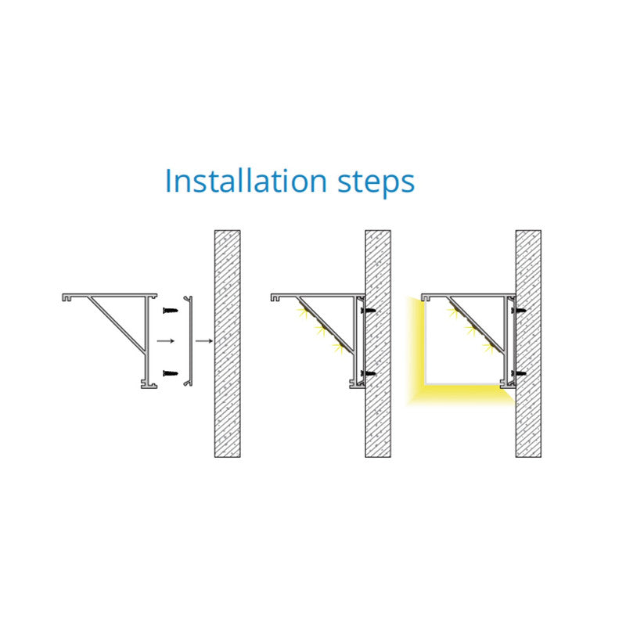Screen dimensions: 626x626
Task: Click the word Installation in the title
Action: coord(246,181)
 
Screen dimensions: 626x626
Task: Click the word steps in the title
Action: coord(376,184)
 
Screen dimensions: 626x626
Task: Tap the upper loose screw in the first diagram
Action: coord(170,310)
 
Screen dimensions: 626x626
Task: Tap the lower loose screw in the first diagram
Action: coord(170,373)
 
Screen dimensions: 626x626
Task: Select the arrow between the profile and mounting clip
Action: coord(166,341)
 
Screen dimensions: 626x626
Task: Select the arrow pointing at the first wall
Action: coord(204,341)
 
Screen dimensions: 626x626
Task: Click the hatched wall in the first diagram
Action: coord(228,344)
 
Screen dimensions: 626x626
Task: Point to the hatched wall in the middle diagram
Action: coord(378,344)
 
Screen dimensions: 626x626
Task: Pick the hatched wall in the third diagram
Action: coord(529,344)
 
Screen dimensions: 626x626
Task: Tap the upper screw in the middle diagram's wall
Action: coord(368,310)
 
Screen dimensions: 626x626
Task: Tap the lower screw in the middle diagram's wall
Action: coord(368,374)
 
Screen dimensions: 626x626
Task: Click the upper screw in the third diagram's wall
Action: coord(518,310)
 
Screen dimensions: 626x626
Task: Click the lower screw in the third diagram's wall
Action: coord(518,374)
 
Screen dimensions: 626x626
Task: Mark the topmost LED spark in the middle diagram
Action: coord(302,311)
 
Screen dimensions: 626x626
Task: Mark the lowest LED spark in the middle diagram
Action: coord(338,347)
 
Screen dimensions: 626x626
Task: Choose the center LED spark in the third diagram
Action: coord(470,329)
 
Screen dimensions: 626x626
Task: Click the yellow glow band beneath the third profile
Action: coord(463,394)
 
